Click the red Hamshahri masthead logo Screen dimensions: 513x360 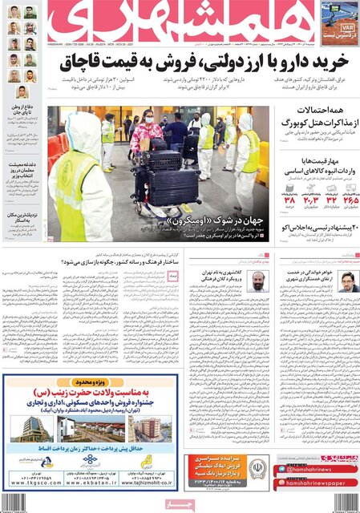pyautogui.click(x=180, y=19)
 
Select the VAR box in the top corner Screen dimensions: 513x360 pyautogui.click(x=339, y=21)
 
